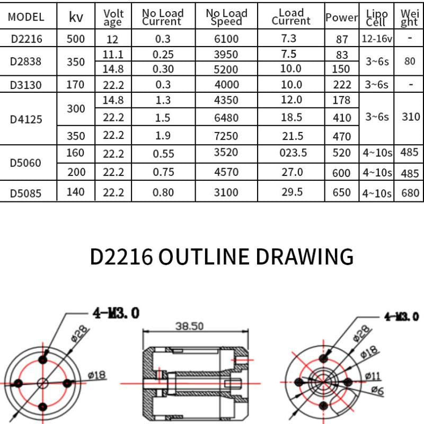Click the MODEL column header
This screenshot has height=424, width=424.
tap(26, 17)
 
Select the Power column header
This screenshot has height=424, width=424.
tap(341, 17)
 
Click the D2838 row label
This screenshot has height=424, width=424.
tap(26, 61)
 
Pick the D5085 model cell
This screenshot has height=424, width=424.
tap(26, 193)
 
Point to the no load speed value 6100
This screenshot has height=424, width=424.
tap(226, 39)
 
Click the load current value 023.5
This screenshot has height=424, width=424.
tap(292, 153)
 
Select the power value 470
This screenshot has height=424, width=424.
tap(341, 136)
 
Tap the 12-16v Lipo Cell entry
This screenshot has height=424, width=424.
tap(377, 39)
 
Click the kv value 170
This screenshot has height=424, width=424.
tap(76, 84)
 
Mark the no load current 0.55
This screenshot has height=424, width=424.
tap(163, 153)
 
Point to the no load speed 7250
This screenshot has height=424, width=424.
tap(226, 136)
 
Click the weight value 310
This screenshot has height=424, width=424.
tap(410, 117)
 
